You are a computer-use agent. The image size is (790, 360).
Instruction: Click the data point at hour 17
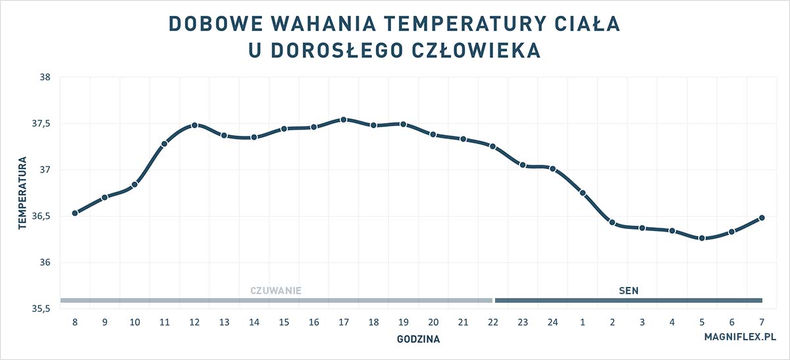point(344,120)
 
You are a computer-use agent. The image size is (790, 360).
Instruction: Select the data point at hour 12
point(194,125)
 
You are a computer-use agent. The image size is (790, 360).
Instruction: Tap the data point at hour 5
point(702,238)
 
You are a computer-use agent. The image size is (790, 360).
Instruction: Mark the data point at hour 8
point(75,213)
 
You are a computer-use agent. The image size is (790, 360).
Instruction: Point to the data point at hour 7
point(762,218)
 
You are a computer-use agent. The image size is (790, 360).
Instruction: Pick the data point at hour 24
point(552,169)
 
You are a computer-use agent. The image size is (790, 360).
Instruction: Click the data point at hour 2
point(612,222)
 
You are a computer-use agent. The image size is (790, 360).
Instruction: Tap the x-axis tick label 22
point(493,322)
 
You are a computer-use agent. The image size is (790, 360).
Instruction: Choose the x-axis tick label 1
point(583,322)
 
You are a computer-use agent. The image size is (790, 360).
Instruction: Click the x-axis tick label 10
point(134,322)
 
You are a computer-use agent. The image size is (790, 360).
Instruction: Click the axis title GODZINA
point(418,340)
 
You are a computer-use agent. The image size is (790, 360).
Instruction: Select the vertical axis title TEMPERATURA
point(22,193)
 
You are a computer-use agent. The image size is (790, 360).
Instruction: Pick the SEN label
point(629,290)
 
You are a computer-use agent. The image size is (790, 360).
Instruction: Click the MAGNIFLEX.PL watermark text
point(740,336)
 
